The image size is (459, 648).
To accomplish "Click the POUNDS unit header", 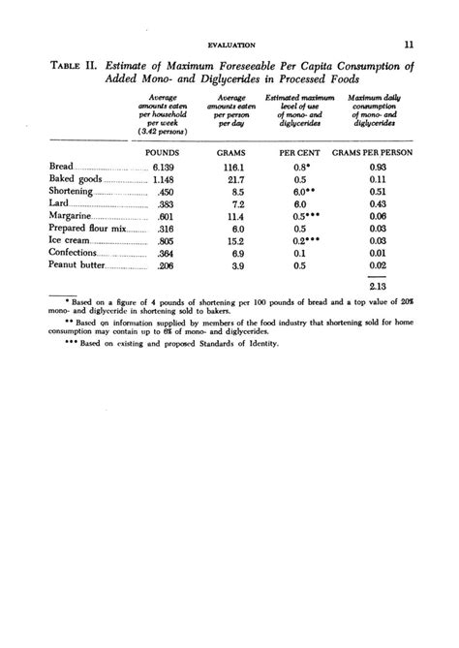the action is point(162,153).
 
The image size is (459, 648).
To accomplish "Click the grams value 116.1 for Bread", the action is point(236,168).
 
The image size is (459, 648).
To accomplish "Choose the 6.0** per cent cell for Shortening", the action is point(303,192).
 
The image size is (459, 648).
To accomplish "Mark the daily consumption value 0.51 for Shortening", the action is point(378,192).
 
